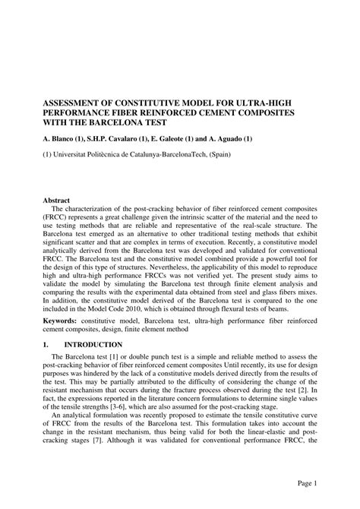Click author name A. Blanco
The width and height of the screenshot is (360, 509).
point(65,139)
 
